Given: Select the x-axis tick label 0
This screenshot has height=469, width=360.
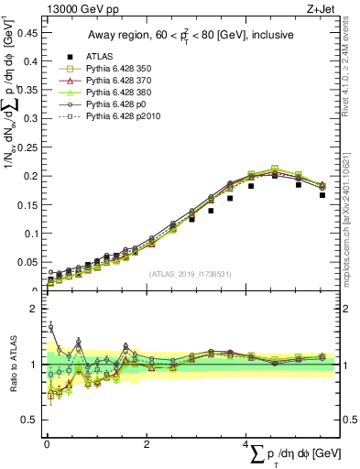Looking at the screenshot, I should coord(47,444).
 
